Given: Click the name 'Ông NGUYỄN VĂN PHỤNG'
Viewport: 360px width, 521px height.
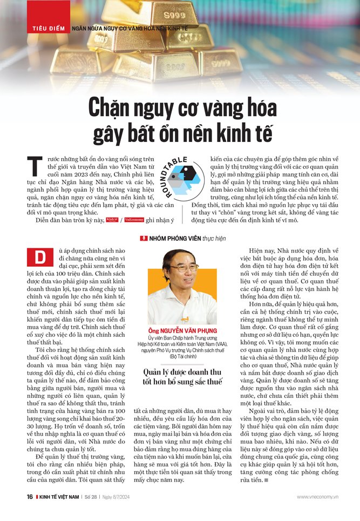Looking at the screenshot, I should coord(182,329).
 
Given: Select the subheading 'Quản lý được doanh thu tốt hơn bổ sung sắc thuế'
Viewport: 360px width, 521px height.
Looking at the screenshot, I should coord(182,376).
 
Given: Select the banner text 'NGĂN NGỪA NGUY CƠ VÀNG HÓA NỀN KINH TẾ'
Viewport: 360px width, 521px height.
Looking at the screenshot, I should coord(130,28).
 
